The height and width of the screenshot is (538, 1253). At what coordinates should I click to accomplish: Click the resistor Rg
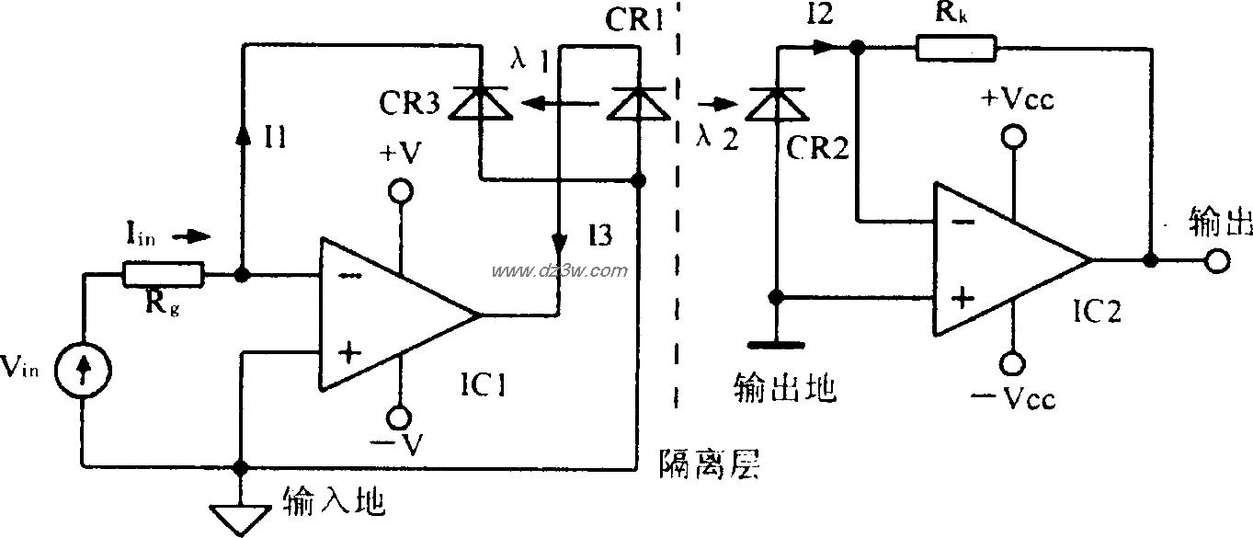164,273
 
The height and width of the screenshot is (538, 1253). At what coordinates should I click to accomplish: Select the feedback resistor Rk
956,48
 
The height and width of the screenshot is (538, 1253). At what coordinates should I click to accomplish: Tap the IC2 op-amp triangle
1006,259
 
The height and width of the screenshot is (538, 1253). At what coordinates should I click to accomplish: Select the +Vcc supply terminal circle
1014,136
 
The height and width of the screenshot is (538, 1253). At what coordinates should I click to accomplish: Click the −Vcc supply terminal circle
1014,363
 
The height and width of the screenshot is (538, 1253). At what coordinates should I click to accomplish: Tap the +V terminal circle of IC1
401,190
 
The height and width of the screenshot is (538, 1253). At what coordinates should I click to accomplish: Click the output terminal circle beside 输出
1218,260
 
